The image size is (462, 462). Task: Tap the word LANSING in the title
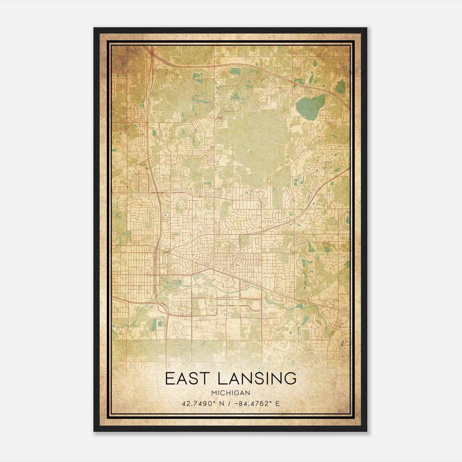[x=257, y=379]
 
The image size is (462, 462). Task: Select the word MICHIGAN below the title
[x=231, y=393]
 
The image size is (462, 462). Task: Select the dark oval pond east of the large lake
[x=341, y=86]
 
